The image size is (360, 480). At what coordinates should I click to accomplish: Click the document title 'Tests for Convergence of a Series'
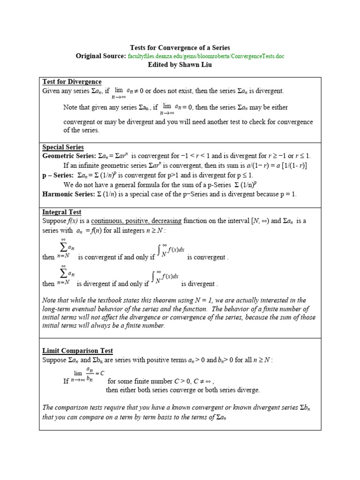coord(180,47)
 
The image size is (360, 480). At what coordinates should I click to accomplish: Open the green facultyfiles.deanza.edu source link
coord(206,56)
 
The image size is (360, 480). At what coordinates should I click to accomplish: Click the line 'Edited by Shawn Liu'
coord(180,65)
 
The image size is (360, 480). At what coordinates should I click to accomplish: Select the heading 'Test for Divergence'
coord(72,82)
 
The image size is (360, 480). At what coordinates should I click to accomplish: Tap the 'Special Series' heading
coord(63,147)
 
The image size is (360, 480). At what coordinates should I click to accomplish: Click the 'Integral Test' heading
coord(62,212)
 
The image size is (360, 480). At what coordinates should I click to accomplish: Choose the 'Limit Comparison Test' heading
coord(78,351)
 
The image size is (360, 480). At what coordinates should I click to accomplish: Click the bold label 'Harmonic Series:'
coord(67,194)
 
